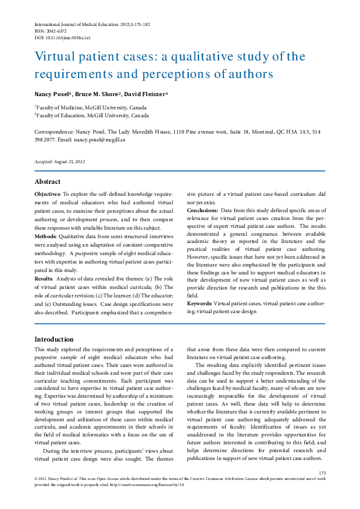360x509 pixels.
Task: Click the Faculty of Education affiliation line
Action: [x=91, y=115]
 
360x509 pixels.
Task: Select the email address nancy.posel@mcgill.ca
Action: [x=100, y=140]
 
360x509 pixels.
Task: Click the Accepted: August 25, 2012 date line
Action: [x=59, y=161]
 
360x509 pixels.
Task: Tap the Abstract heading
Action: [x=47, y=181]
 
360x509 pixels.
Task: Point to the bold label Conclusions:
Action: [x=205, y=210]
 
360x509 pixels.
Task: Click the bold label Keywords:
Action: [x=200, y=303]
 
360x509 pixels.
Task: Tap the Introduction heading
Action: [x=54, y=339]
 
